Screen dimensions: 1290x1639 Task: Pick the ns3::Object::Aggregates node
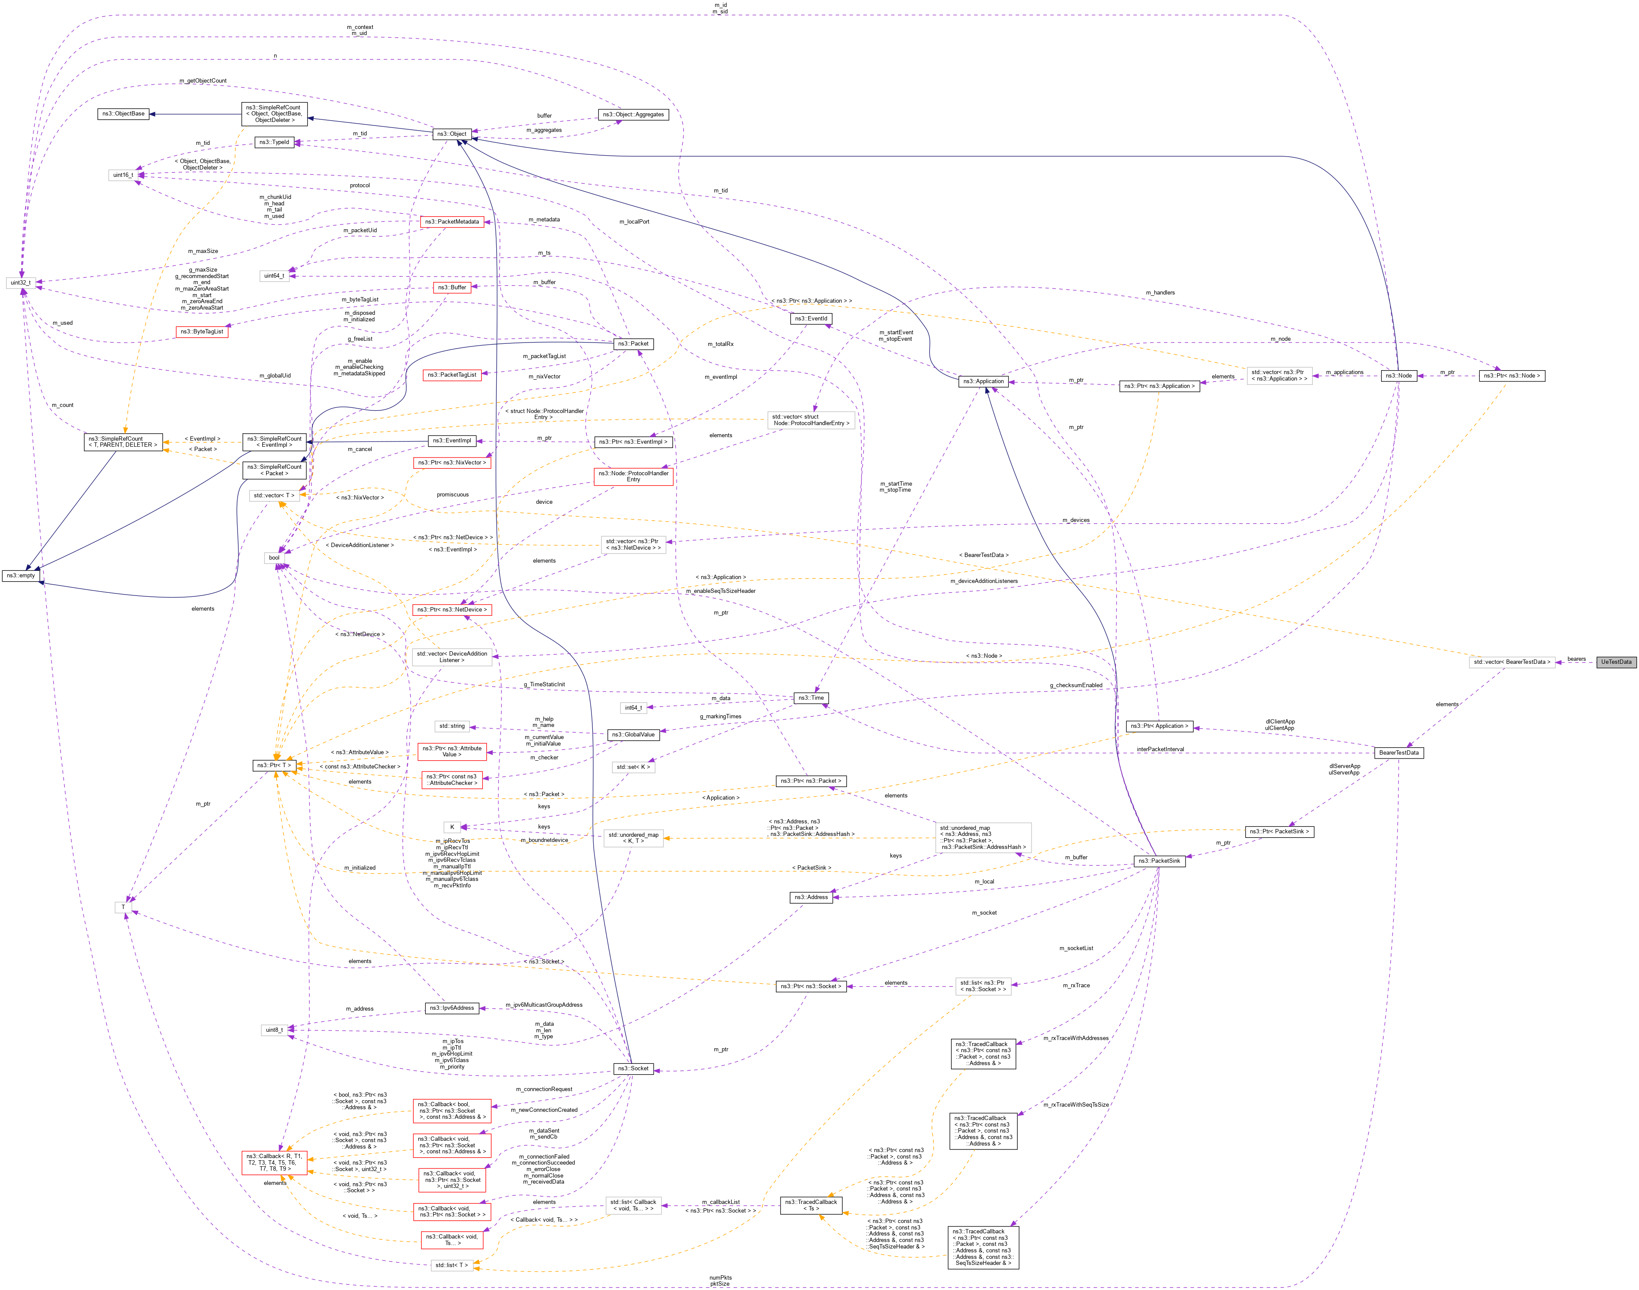tap(633, 115)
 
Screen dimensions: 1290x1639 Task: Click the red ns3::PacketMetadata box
tap(451, 222)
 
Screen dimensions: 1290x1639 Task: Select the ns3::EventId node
tap(811, 319)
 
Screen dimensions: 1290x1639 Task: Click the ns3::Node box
tap(1398, 375)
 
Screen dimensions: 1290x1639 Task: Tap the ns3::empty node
tap(21, 576)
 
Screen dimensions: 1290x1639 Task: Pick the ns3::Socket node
tap(633, 1069)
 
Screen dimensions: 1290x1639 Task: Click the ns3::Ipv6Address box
tap(451, 1008)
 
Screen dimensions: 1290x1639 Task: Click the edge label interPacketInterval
tap(1160, 749)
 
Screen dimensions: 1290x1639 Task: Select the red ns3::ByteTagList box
tap(202, 332)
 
